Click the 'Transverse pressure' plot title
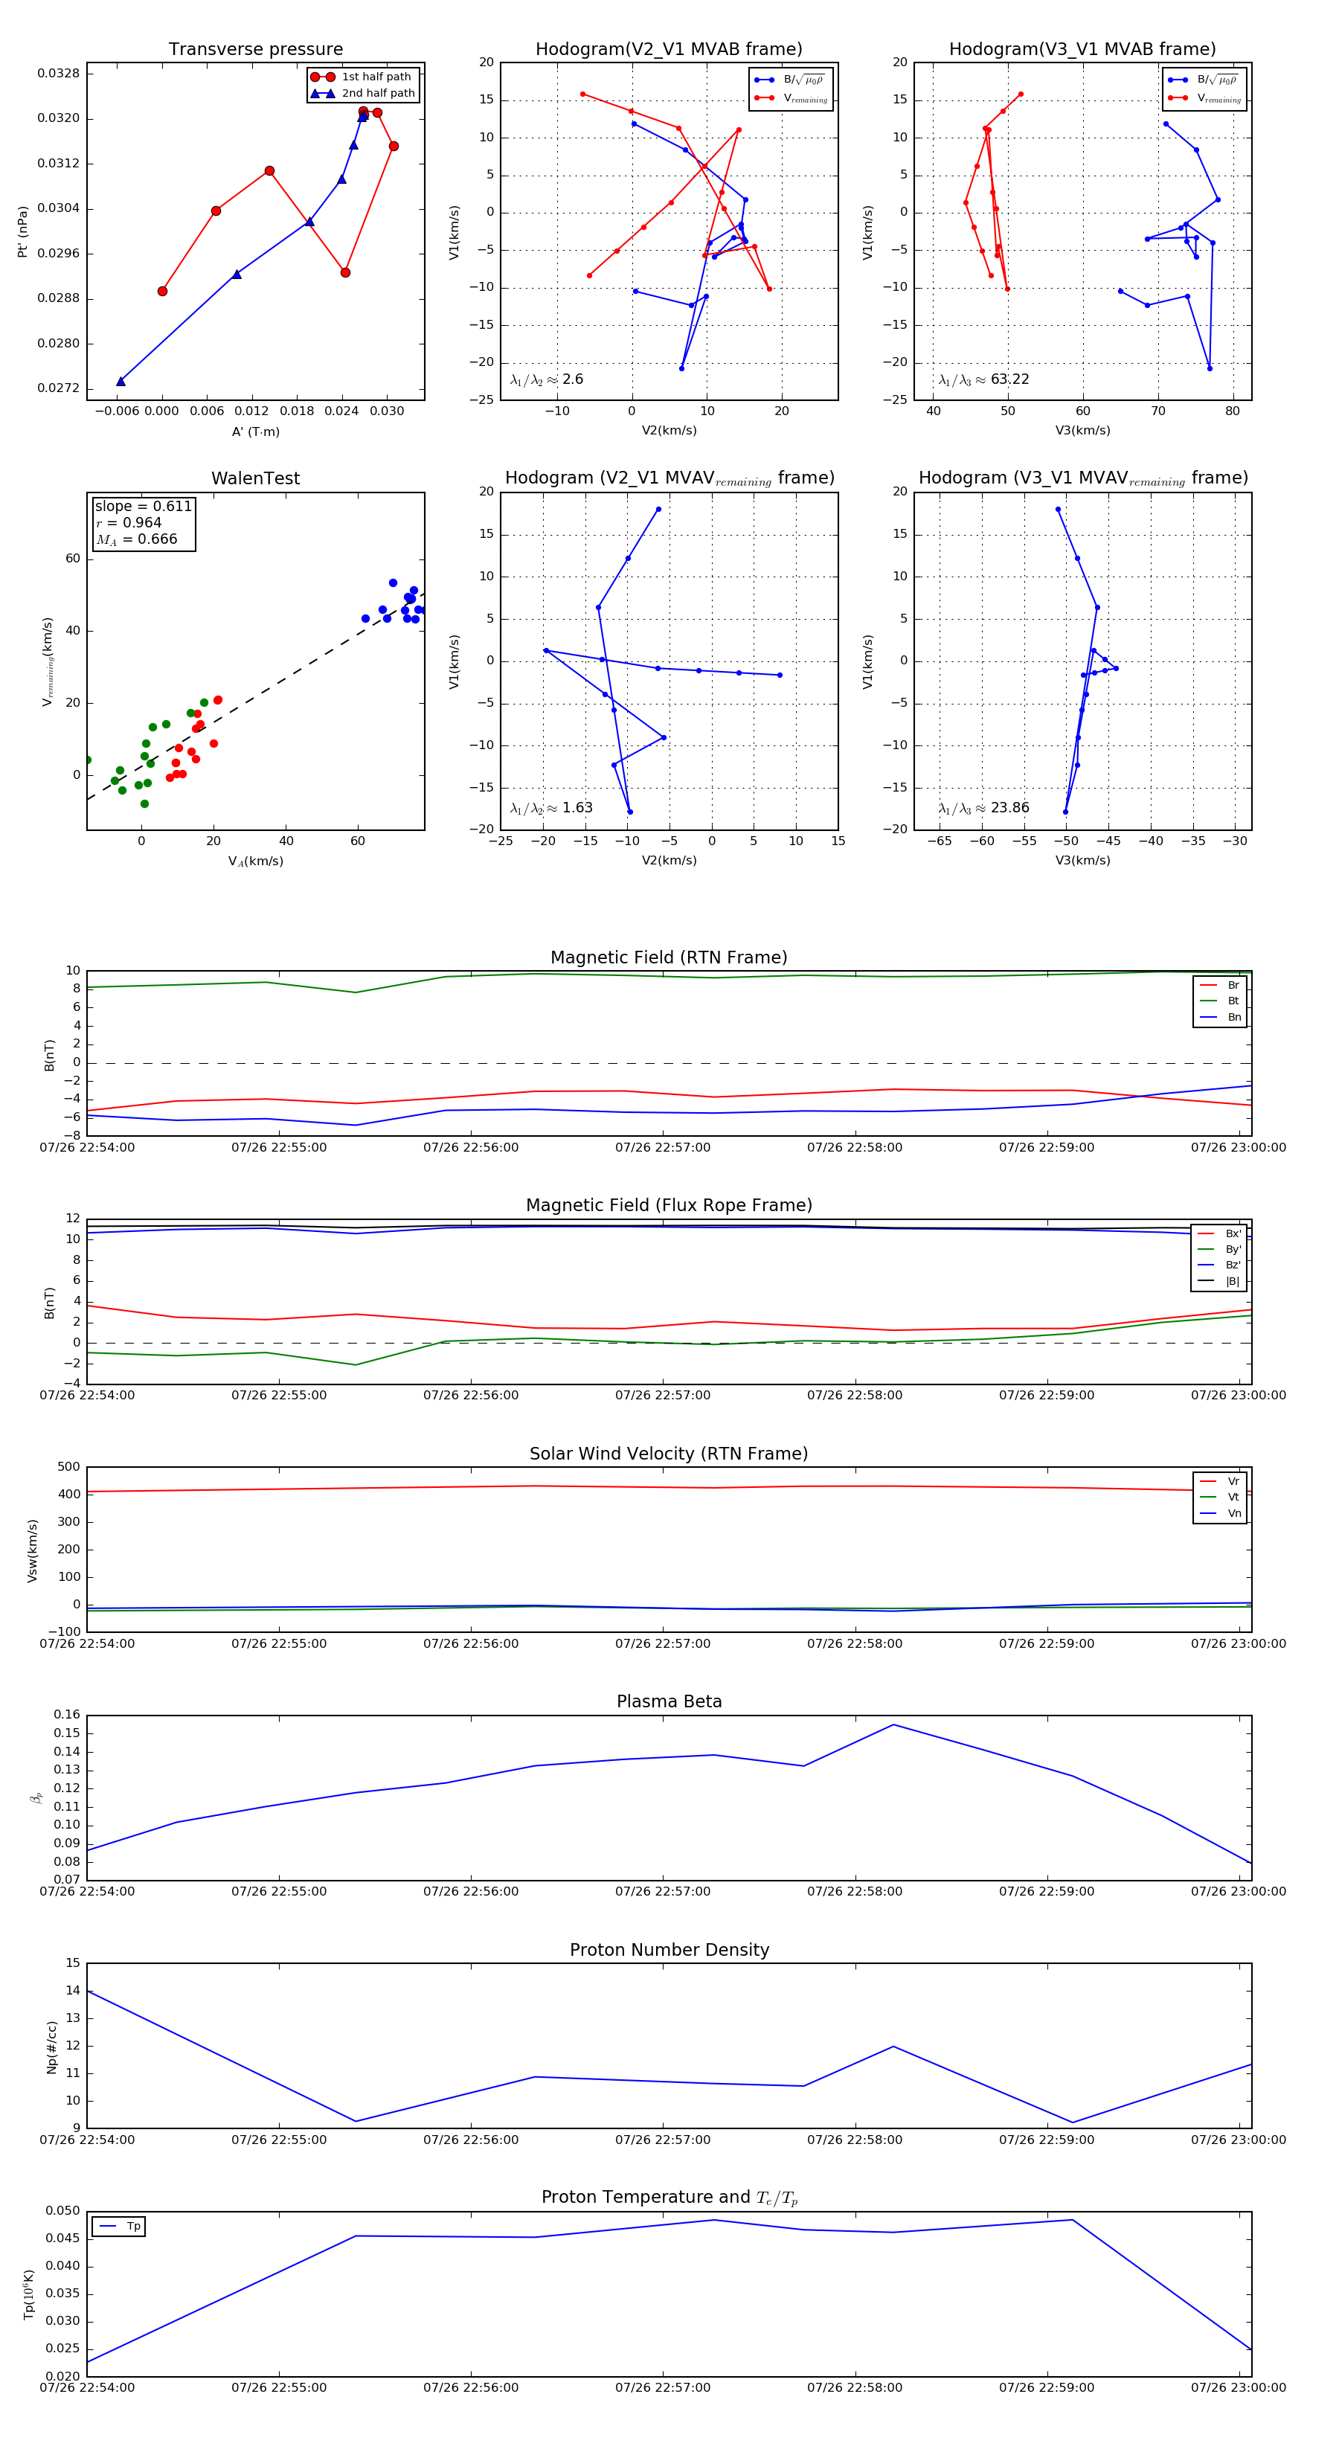coord(255,50)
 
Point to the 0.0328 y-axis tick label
coord(58,74)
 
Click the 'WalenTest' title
coord(255,478)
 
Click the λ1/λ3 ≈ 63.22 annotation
coord(983,379)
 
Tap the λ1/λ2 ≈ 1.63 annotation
coord(550,808)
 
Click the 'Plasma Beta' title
coord(669,1702)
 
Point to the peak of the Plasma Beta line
coord(893,1725)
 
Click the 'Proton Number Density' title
coord(669,1950)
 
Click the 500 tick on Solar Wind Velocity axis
coord(68,1467)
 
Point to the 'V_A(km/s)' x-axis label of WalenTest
coord(255,861)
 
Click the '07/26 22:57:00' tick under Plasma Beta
coord(662,1892)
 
